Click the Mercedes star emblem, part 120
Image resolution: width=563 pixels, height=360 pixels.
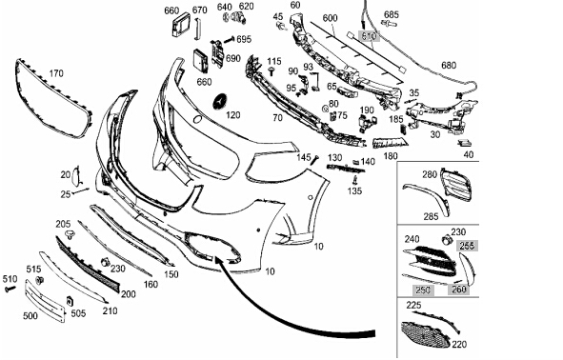tap(222, 102)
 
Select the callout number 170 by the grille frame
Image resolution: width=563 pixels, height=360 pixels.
tap(56, 73)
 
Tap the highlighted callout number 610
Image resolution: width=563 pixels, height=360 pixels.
tap(369, 36)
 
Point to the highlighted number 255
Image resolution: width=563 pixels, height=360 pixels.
tap(467, 246)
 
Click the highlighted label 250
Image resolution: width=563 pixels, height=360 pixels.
tap(422, 290)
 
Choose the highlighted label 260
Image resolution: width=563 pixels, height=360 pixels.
tap(458, 290)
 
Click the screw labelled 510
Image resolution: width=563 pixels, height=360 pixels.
tap(10, 288)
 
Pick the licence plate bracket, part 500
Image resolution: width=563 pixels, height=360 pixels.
tap(45, 300)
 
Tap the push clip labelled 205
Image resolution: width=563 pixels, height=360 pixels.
tap(70, 235)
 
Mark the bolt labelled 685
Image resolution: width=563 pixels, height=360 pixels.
tap(390, 25)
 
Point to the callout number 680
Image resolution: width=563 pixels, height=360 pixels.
tap(449, 66)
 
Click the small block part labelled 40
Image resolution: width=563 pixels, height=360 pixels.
tap(466, 143)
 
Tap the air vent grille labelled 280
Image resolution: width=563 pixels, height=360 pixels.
tap(455, 187)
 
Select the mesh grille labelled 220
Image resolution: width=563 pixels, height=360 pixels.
tap(426, 334)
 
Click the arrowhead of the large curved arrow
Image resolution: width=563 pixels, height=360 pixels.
tap(218, 259)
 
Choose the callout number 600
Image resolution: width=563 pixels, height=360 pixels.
tap(330, 18)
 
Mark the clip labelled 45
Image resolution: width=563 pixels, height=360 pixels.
tap(281, 27)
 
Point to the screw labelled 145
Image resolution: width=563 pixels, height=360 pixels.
tap(315, 160)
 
